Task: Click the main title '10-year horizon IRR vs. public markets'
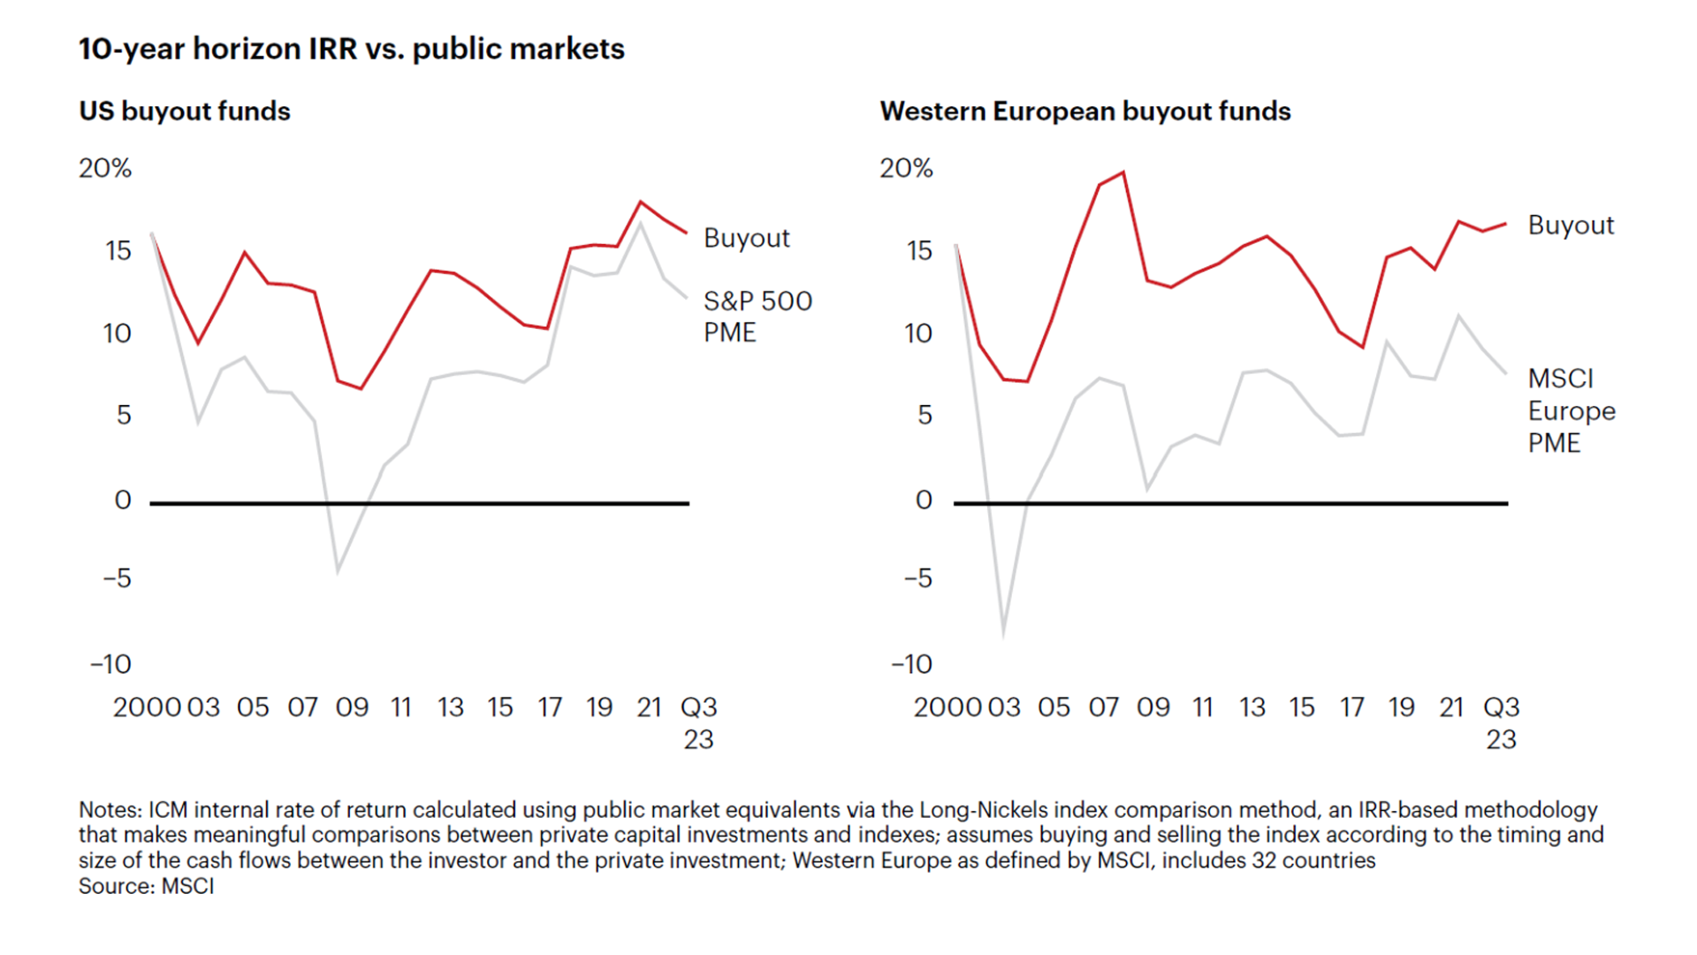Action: pos(351,49)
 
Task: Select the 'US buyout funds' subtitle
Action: pos(185,111)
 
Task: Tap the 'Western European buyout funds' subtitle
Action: pos(1084,111)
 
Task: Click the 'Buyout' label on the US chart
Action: pos(746,238)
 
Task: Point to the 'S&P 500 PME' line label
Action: pos(757,317)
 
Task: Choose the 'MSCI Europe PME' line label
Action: pos(1571,410)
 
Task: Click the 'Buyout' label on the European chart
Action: pos(1571,225)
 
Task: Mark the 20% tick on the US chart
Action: pos(105,168)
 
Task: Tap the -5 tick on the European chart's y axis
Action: pos(917,578)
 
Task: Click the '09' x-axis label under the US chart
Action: pos(352,707)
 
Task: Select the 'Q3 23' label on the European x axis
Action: pos(1501,722)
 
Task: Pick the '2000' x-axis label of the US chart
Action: pos(147,707)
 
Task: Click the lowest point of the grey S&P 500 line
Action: pos(338,572)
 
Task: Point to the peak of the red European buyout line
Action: pos(1122,172)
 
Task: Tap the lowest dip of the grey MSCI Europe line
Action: pos(1003,635)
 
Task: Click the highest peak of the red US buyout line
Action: pos(641,202)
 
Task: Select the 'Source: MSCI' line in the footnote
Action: pos(147,886)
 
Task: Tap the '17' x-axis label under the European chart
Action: pos(1351,707)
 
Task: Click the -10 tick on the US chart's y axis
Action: pos(110,664)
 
